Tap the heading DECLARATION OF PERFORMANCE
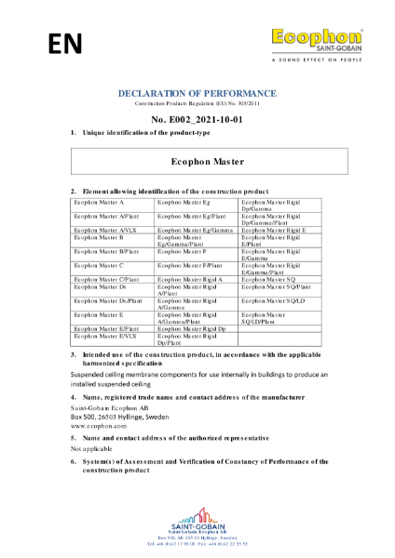(x=197, y=94)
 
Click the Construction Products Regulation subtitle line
(x=197, y=102)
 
